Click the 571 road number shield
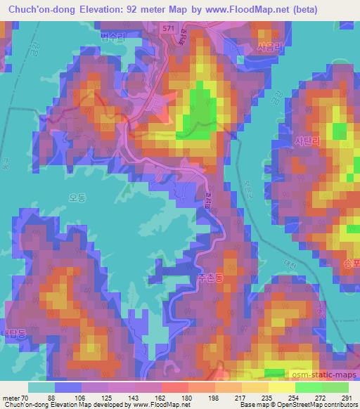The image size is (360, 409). tap(167, 27)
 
